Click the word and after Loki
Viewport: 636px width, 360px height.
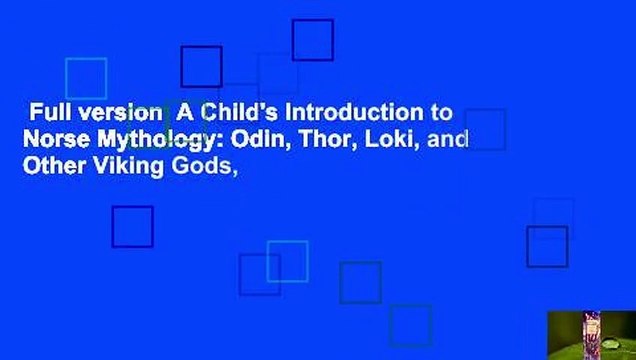point(447,140)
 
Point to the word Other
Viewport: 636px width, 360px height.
point(50,168)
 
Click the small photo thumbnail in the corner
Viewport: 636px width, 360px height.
point(591,335)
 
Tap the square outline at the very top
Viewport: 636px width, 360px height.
point(312,40)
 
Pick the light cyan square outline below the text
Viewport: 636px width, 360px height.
point(287,261)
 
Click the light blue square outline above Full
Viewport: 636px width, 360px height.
point(86,78)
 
